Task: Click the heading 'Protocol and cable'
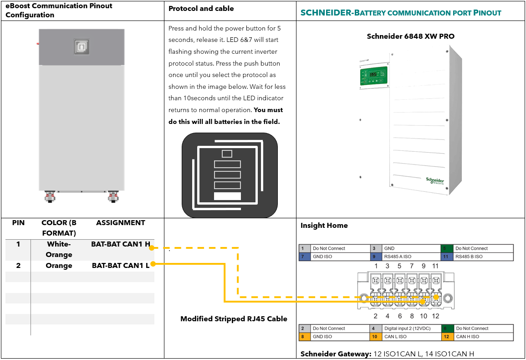tap(201, 9)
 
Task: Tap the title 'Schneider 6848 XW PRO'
tap(410, 36)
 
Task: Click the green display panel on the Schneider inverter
tap(373, 76)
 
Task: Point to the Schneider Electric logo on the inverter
tap(434, 181)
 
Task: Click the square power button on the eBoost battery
tap(82, 46)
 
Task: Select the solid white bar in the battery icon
tap(227, 196)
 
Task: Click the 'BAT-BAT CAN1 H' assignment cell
tap(120, 244)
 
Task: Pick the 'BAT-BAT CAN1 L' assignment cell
tap(120, 266)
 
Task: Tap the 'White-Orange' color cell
tap(59, 249)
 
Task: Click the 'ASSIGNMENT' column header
tap(120, 223)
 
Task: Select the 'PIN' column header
tap(18, 223)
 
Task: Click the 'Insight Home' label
tap(324, 226)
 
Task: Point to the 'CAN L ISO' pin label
tap(395, 337)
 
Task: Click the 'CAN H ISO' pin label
tap(467, 337)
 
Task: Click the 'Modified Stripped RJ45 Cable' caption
tap(234, 319)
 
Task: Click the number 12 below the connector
tap(435, 316)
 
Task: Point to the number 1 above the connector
tap(376, 266)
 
